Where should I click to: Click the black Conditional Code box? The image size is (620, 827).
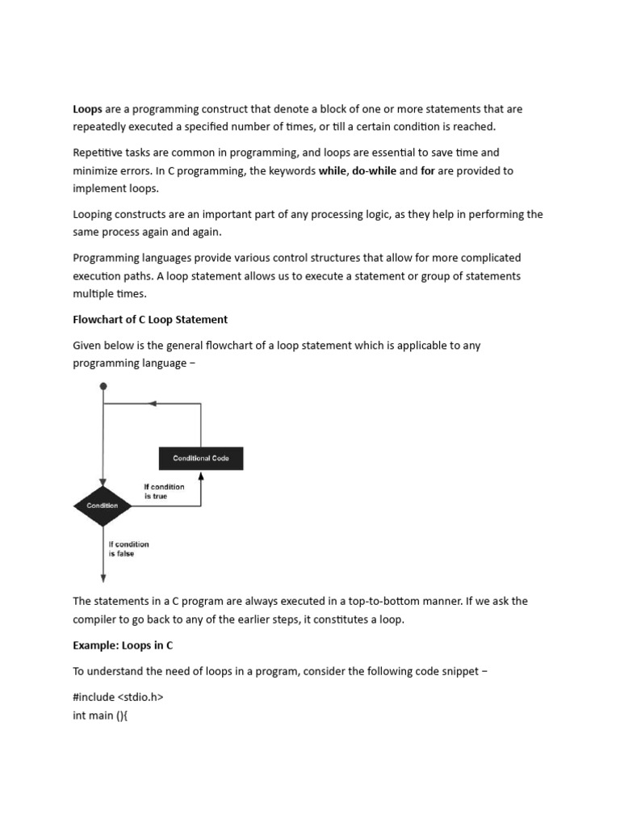pyautogui.click(x=201, y=459)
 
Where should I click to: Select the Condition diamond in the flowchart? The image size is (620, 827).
pyautogui.click(x=103, y=506)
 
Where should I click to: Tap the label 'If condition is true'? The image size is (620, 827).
pyautogui.click(x=164, y=491)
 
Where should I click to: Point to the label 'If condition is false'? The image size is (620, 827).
pyautogui.click(x=128, y=549)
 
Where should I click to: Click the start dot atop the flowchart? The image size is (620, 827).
pyautogui.click(x=103, y=387)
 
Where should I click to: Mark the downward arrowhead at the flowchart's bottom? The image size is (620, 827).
pyautogui.click(x=103, y=577)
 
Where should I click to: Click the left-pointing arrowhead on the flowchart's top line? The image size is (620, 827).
pyautogui.click(x=155, y=403)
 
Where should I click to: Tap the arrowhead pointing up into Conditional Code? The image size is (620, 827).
pyautogui.click(x=201, y=476)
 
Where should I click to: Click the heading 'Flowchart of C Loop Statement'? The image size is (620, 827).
pyautogui.click(x=150, y=319)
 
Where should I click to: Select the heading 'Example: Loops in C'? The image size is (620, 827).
pyautogui.click(x=123, y=645)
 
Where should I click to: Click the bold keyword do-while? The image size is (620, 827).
pyautogui.click(x=374, y=170)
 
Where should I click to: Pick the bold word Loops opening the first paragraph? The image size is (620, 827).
pyautogui.click(x=87, y=109)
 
